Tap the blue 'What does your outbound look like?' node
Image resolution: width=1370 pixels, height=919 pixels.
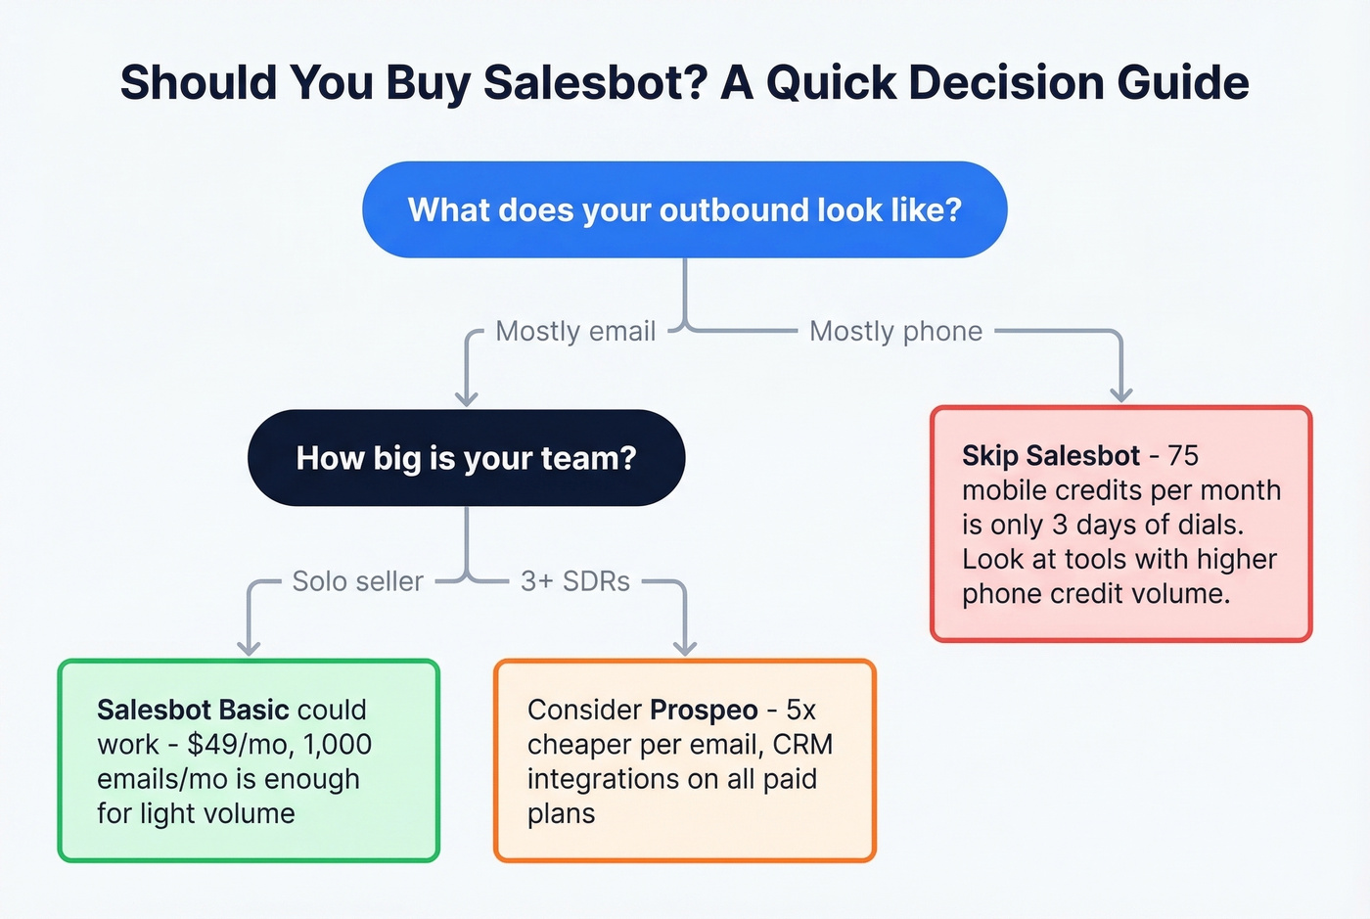click(684, 209)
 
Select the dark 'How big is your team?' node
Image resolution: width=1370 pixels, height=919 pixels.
click(466, 458)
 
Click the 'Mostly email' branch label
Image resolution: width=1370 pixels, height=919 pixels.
click(575, 332)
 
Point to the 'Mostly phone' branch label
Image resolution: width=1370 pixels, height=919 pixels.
click(895, 332)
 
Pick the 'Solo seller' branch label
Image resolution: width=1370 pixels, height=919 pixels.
click(357, 581)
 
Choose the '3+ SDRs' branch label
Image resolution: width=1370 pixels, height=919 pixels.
click(575, 581)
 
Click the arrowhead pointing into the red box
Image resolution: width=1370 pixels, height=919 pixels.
click(1121, 393)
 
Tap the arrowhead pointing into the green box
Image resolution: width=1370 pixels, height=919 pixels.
click(249, 647)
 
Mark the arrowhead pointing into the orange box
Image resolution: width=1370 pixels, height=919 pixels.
click(685, 647)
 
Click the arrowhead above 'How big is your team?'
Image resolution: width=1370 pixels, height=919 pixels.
click(467, 397)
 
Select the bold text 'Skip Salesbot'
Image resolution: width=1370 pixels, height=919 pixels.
click(1050, 456)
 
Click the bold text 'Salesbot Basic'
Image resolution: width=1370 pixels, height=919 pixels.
click(193, 710)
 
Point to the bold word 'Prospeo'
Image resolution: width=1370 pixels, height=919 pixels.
click(704, 710)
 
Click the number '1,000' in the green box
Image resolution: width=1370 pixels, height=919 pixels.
click(338, 745)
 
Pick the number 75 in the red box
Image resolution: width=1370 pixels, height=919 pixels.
click(1183, 456)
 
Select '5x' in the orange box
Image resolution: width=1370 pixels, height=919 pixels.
click(800, 710)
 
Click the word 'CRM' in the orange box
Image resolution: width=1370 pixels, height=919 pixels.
click(802, 745)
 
